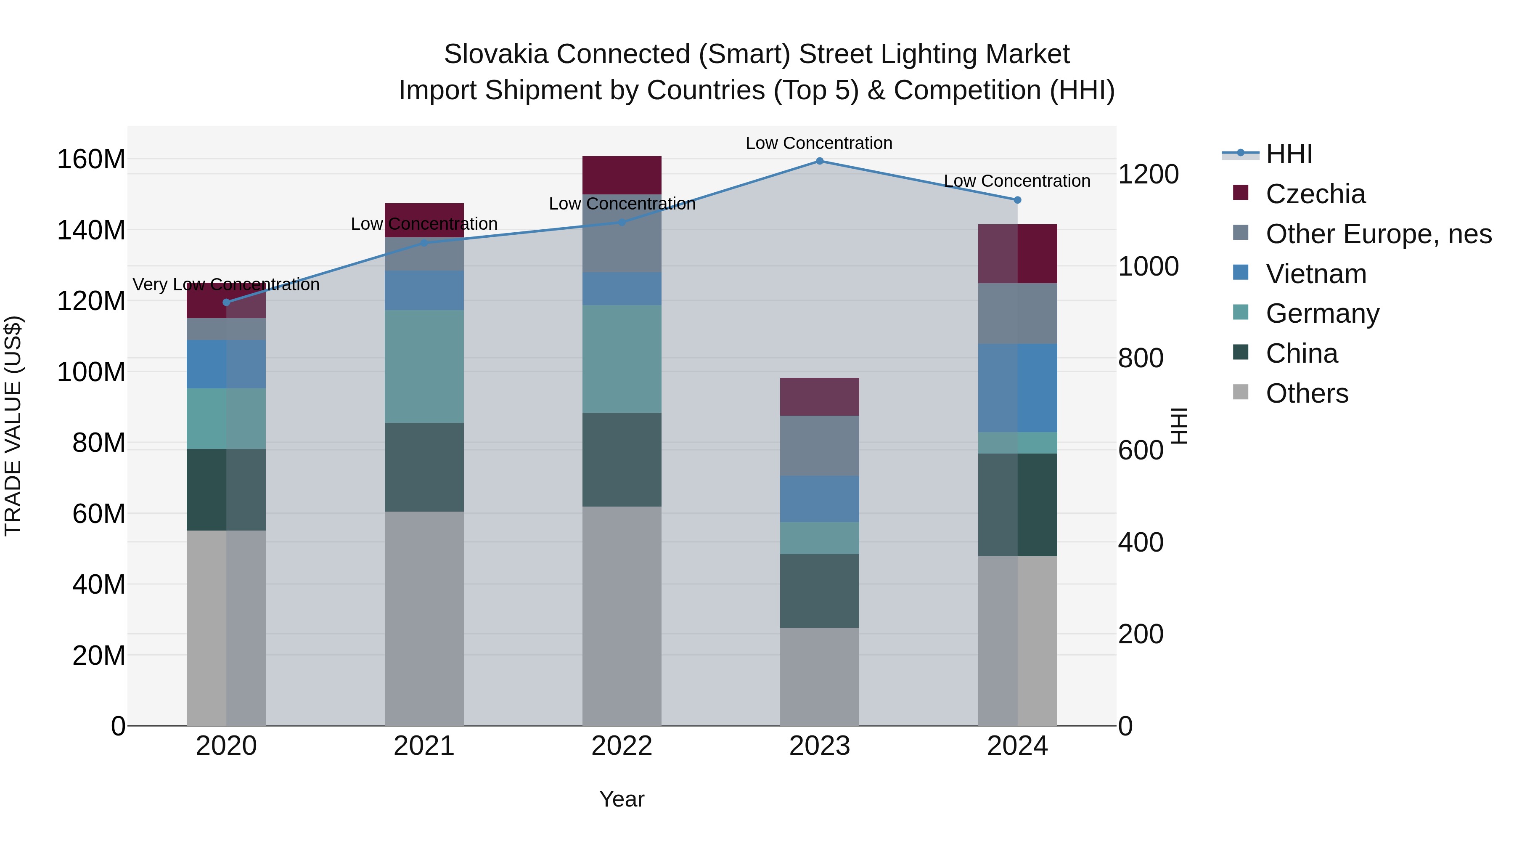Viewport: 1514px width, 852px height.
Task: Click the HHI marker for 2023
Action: point(819,161)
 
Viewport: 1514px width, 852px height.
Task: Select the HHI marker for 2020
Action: point(226,302)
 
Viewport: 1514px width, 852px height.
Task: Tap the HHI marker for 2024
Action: point(1017,200)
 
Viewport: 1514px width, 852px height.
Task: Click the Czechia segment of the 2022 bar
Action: point(622,175)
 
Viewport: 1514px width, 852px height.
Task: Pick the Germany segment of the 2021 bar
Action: point(424,366)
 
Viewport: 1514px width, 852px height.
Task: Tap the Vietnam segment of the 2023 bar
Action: point(819,499)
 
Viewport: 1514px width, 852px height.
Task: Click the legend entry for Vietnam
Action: point(1315,274)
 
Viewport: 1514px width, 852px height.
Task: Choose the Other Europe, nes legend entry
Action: point(1378,234)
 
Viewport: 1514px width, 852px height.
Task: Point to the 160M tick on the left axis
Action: point(91,159)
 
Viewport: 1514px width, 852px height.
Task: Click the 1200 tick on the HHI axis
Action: point(1147,175)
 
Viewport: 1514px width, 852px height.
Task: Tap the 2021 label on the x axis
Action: point(424,746)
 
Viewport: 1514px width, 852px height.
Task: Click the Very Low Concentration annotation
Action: point(226,284)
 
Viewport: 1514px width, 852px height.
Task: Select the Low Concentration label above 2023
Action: point(819,143)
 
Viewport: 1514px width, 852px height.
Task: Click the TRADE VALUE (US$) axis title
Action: point(13,426)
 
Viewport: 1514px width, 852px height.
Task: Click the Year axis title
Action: point(622,799)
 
